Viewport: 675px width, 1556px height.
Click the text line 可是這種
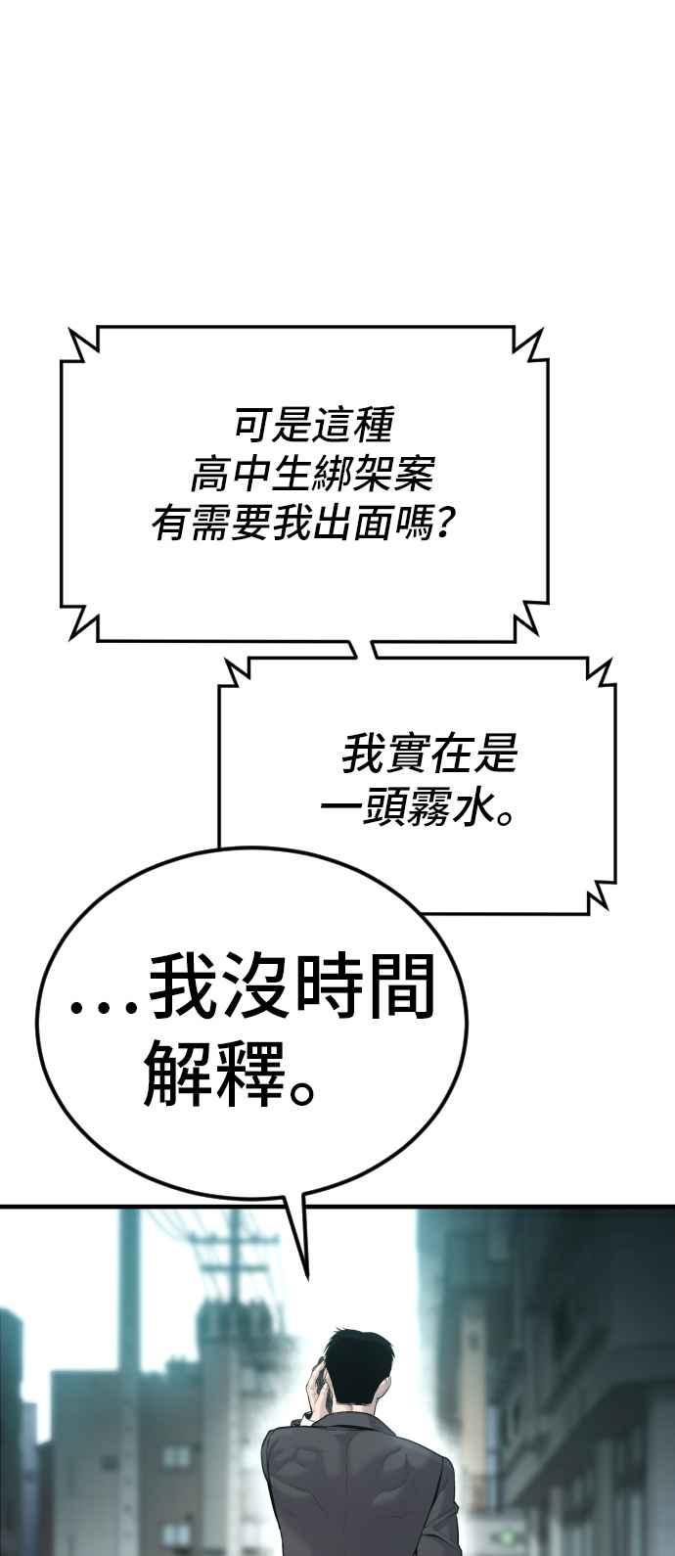(x=313, y=425)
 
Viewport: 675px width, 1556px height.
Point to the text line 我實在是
(x=429, y=755)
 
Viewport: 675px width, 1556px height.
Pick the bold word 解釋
(x=214, y=1073)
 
